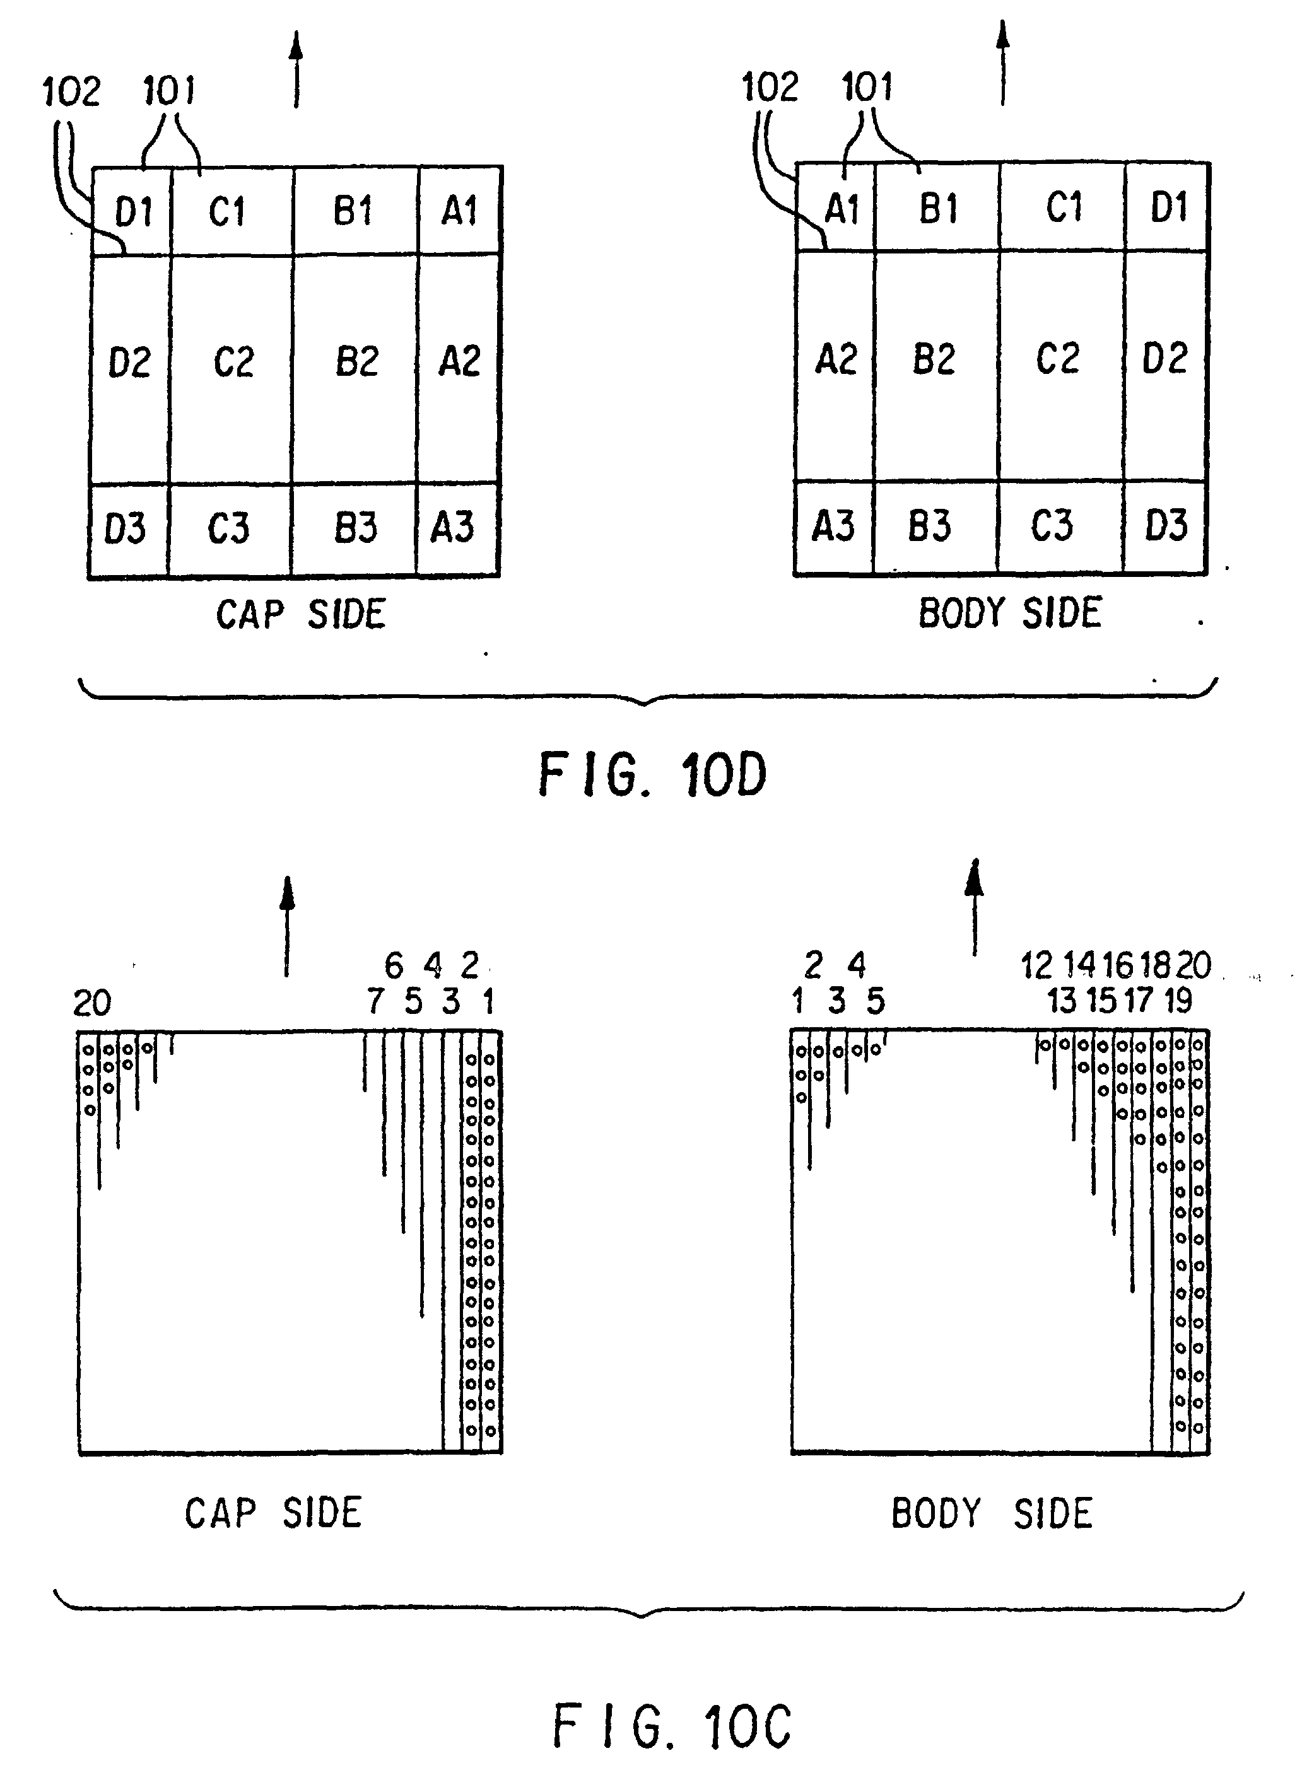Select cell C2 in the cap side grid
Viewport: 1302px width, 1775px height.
233,363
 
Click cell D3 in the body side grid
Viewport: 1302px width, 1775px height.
1166,525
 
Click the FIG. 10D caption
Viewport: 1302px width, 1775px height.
652,774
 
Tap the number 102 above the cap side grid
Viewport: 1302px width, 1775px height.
71,91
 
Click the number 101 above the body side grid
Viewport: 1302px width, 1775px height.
867,86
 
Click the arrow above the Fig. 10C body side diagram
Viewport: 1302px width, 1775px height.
975,906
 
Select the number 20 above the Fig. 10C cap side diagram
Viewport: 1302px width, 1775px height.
92,1003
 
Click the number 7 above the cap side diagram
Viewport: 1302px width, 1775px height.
375,1001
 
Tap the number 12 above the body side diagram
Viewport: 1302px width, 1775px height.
1036,965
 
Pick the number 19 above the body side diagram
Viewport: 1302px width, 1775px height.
1178,1001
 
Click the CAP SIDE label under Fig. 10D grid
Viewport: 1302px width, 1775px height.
301,615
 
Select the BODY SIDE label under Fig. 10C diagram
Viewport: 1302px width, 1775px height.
992,1513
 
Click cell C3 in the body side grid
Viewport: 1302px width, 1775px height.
1052,525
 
